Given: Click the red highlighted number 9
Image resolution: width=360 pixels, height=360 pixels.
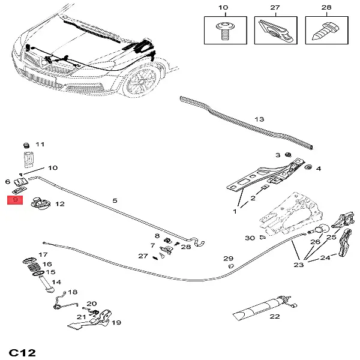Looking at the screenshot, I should click(x=16, y=199).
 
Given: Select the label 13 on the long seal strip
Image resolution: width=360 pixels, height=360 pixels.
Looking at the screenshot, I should click(x=259, y=119).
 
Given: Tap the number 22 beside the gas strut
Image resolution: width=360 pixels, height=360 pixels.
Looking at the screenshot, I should click(x=275, y=316).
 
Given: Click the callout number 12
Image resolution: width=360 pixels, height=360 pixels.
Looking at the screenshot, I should click(x=59, y=204).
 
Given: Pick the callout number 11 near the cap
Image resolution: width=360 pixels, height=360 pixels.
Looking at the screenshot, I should click(x=40, y=145).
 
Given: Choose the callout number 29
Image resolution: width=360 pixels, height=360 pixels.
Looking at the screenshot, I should click(x=229, y=259).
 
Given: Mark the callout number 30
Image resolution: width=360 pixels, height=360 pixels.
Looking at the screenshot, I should click(x=250, y=238).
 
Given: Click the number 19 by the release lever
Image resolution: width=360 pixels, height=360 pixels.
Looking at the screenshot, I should click(x=116, y=322).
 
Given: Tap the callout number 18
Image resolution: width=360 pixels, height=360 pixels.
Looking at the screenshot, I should click(x=73, y=292).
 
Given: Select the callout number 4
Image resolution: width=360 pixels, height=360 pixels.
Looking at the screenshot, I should click(x=318, y=169).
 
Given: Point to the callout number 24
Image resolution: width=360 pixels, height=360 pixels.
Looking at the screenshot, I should click(x=325, y=258).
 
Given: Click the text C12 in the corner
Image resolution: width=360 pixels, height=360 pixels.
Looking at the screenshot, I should click(x=22, y=350).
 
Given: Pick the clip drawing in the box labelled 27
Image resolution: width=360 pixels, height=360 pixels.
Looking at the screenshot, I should click(x=275, y=30).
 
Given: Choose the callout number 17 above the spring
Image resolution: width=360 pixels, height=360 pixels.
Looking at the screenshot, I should click(x=43, y=255).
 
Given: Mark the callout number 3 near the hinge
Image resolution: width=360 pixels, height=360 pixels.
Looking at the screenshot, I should click(x=278, y=155).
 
